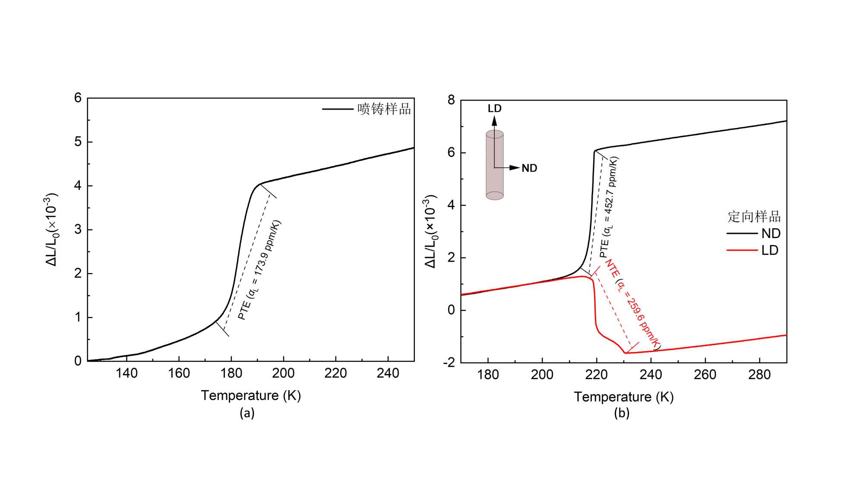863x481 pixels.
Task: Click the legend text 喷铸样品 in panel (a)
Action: [x=384, y=109]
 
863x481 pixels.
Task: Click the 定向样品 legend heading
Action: [x=754, y=217]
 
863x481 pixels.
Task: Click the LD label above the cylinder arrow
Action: [x=495, y=108]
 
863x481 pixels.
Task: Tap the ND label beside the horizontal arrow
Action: [x=529, y=168]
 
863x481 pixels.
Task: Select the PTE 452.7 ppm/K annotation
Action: [x=609, y=207]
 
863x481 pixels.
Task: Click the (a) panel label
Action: [x=247, y=413]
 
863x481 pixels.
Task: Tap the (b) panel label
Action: [x=622, y=413]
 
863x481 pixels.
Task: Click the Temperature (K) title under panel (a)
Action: [x=251, y=395]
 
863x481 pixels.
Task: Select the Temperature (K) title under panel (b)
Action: [x=624, y=396]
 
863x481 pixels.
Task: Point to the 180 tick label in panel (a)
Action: [x=231, y=373]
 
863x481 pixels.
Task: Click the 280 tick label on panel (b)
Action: [x=759, y=374]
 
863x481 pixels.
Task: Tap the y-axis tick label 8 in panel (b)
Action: [x=451, y=100]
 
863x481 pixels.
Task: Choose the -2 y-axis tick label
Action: [x=449, y=362]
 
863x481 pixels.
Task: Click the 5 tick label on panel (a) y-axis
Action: [x=78, y=142]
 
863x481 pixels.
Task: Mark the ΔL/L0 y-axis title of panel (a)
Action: [x=51, y=229]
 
